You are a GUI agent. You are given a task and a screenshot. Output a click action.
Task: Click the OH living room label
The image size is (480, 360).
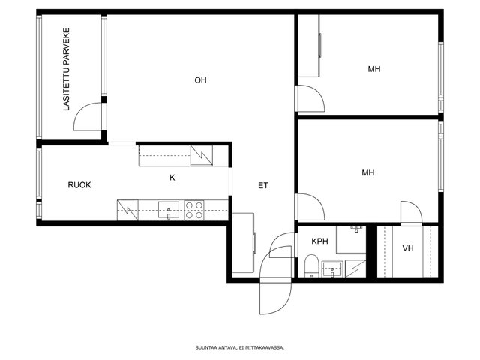pos(200,80)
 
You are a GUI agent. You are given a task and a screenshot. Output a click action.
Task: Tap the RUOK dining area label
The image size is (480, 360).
pos(79,185)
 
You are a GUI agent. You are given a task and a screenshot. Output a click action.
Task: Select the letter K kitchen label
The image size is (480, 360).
pos(172,178)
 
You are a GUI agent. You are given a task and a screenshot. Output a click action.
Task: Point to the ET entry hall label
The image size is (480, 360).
pos(263,185)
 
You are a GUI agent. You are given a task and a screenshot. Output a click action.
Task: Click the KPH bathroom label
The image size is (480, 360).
pos(320,241)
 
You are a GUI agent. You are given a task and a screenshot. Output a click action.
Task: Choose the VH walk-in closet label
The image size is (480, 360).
pos(408,248)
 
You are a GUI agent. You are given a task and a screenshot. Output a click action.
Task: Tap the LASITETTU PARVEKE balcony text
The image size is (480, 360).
pos(67,69)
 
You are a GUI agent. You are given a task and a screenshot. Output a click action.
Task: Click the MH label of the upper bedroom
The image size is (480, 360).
pos(374,69)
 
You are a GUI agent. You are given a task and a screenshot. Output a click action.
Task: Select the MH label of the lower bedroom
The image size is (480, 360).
pos(368,173)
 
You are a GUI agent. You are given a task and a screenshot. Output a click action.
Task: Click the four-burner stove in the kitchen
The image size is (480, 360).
pos(194,210)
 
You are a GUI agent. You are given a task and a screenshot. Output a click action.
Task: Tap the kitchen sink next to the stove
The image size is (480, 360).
pos(169,210)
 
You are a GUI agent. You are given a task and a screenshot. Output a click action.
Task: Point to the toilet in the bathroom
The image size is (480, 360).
pos(312,265)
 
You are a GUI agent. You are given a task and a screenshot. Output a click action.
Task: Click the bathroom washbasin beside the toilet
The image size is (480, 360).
pos(332,269)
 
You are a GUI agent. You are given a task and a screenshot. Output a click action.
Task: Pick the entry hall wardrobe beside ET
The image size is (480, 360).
pos(244,243)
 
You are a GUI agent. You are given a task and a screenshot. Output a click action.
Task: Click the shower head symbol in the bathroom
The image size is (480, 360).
pos(357,229)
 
